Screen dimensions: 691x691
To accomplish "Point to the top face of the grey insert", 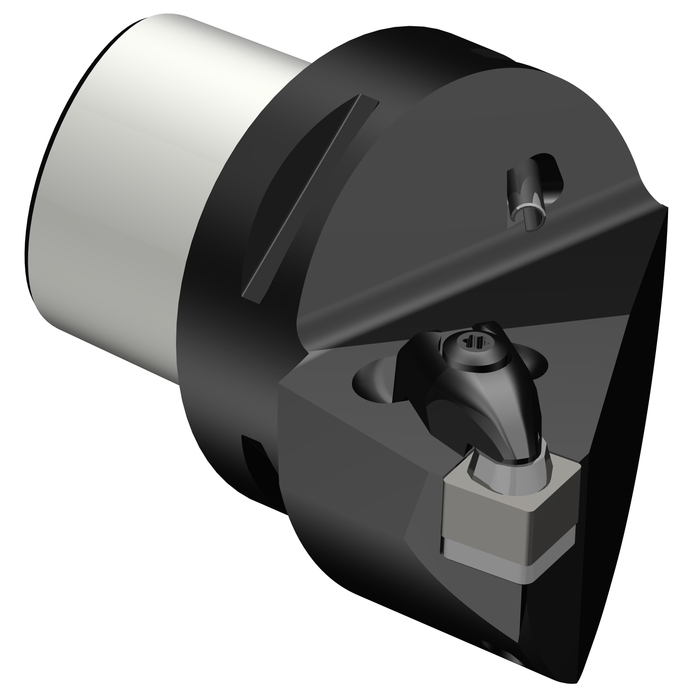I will point(521,474).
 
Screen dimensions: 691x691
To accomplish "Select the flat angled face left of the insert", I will point(350,461).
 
